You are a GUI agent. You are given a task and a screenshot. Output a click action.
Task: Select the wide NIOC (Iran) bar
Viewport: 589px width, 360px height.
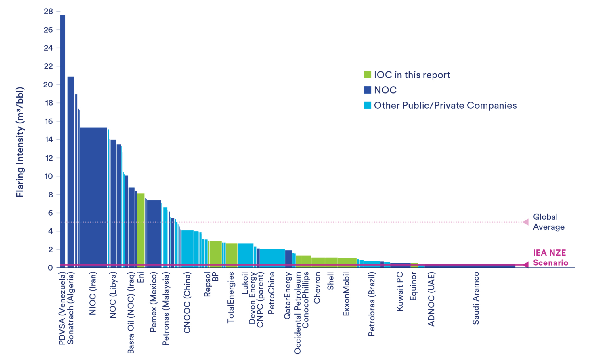[93, 196]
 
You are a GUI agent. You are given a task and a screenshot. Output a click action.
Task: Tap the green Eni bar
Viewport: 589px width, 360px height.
[141, 230]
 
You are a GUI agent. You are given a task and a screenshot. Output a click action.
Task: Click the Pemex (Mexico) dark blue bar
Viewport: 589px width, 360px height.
[154, 233]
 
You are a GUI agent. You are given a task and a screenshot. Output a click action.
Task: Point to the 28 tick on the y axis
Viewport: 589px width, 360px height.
[49, 12]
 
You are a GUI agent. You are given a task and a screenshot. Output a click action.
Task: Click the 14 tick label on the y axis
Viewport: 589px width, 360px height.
[49, 140]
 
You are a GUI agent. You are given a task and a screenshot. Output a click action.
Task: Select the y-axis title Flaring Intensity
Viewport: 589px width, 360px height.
[20, 142]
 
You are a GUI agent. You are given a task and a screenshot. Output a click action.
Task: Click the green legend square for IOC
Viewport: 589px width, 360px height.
[367, 75]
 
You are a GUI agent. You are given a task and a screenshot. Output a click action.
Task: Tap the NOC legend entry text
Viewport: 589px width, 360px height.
[385, 90]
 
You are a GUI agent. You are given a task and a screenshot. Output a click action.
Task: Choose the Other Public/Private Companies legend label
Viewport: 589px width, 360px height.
[445, 105]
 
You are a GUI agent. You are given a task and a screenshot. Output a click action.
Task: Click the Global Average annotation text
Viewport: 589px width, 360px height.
[548, 222]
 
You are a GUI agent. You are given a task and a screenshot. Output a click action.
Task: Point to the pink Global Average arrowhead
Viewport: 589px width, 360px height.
[526, 222]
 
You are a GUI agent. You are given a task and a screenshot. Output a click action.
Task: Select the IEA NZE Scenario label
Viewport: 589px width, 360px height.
[550, 258]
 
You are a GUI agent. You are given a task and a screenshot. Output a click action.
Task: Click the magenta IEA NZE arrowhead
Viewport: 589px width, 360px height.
[525, 265]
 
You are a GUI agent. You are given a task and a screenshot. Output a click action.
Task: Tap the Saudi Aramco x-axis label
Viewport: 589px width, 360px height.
[476, 298]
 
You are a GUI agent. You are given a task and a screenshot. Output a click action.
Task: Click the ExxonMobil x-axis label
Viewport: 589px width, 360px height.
[346, 294]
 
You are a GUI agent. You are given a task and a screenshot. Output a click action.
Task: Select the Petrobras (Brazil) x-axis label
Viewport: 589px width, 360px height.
[371, 304]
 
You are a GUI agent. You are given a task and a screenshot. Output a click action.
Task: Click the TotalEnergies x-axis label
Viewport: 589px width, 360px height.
[231, 298]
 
